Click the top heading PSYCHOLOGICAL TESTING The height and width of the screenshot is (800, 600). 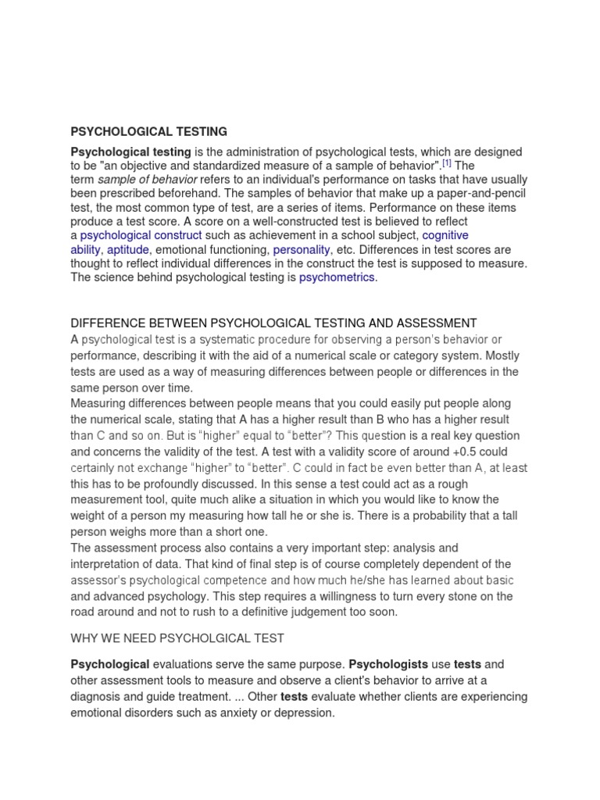148,131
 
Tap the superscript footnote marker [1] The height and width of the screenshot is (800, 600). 447,164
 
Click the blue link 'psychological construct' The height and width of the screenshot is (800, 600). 141,234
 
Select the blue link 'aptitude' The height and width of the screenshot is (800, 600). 127,249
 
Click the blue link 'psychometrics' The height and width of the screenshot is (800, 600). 337,277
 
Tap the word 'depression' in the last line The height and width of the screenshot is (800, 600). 305,712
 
